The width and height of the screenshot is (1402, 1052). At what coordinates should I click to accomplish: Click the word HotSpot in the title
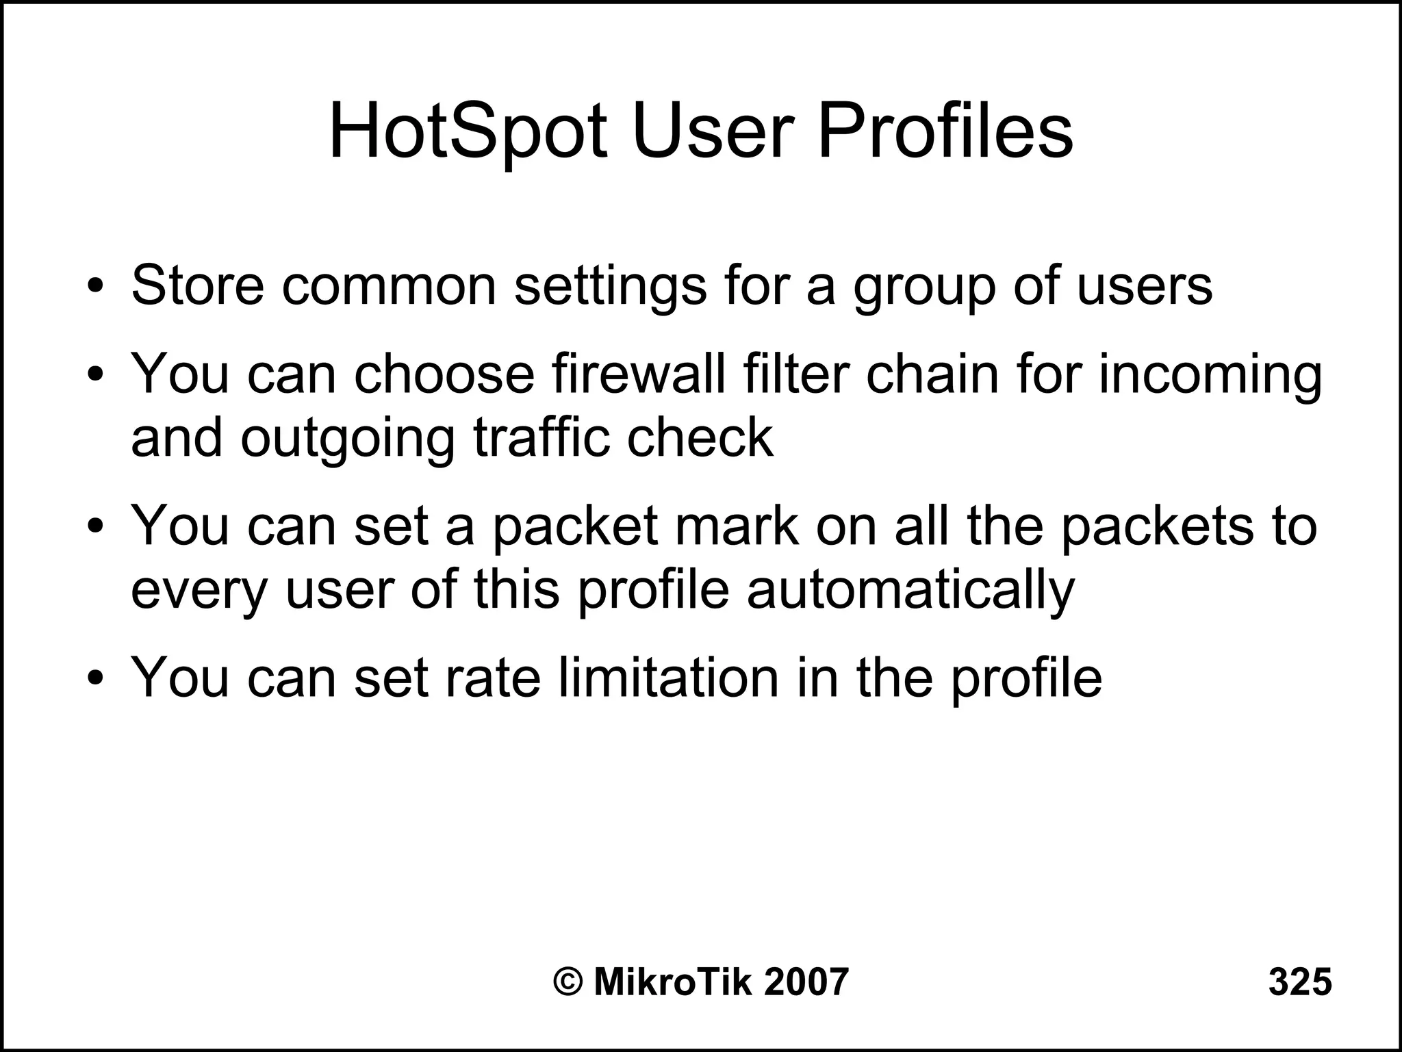point(468,131)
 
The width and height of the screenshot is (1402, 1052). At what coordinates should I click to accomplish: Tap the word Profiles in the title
point(945,131)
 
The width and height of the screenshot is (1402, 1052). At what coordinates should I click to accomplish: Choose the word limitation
point(669,678)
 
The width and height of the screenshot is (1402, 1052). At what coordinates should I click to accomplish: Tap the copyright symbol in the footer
point(568,982)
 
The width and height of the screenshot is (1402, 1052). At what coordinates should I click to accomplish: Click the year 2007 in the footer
point(806,982)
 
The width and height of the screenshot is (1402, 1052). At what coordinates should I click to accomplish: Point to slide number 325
point(1300,982)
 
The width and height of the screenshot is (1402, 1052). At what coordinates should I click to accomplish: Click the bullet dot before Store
point(95,286)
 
